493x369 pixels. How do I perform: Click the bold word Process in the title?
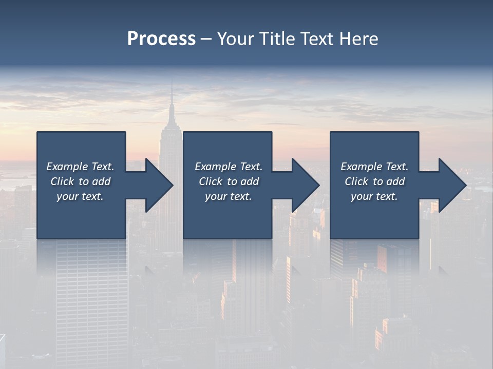(x=161, y=39)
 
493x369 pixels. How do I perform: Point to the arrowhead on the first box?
(x=158, y=185)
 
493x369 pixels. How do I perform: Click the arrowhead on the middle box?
(x=305, y=185)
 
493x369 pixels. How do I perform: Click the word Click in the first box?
(x=62, y=181)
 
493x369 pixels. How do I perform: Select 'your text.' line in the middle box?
(x=228, y=196)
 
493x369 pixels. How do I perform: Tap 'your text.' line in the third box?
(x=374, y=196)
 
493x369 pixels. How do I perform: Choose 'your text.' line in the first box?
(x=80, y=196)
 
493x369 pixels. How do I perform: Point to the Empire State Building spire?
(x=172, y=97)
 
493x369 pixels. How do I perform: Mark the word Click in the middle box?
(x=211, y=181)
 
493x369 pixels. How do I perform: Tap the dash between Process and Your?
(x=206, y=39)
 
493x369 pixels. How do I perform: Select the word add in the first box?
(x=101, y=181)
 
